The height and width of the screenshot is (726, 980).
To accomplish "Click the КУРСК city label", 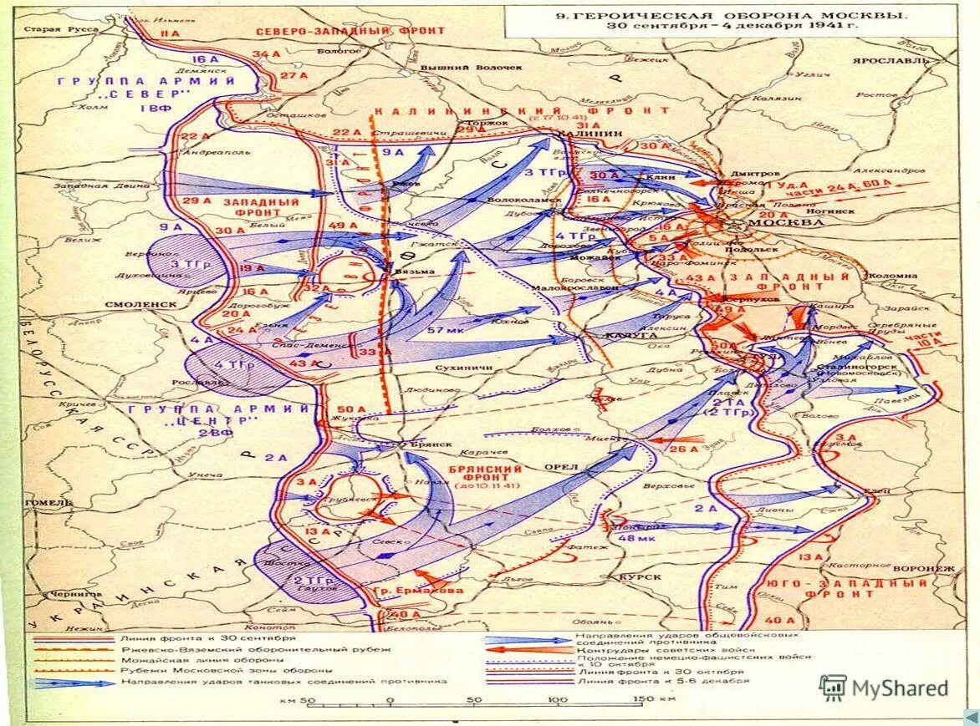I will coord(641,576).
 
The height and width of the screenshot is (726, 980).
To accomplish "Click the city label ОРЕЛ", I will coord(563,466).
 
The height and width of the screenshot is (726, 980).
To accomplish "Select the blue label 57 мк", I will coord(439,331).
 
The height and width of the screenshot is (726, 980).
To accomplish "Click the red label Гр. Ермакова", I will coord(429,591).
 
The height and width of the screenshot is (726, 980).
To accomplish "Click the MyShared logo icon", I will coord(832,688).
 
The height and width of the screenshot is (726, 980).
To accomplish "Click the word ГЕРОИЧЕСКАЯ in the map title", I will coord(626,14).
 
